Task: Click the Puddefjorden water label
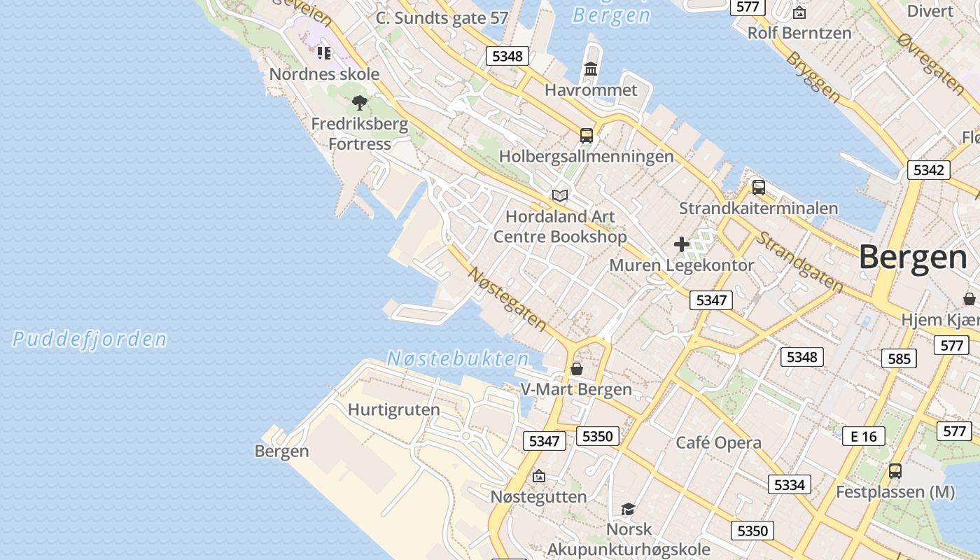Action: [x=90, y=340]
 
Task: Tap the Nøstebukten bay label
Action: [x=458, y=359]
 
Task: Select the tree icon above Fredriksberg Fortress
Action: [x=360, y=104]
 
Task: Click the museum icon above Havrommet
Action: [x=591, y=69]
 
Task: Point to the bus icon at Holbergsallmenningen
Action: [x=587, y=136]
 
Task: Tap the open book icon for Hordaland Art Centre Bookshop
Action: [x=560, y=195]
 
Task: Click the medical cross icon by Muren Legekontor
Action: [x=682, y=244]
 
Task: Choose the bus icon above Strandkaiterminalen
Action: [x=758, y=188]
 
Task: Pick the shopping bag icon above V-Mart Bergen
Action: [x=577, y=368]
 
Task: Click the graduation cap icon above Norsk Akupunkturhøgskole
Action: [x=628, y=509]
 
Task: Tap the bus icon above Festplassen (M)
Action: [x=895, y=471]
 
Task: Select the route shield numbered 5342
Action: [x=929, y=170]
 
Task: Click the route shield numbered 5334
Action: [x=790, y=484]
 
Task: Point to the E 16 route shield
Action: [x=863, y=437]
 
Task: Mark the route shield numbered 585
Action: [x=899, y=359]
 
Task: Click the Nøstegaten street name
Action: [x=507, y=298]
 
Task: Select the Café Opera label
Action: [x=718, y=442]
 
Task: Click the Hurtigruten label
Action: [x=394, y=409]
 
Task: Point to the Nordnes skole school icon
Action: [x=323, y=52]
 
